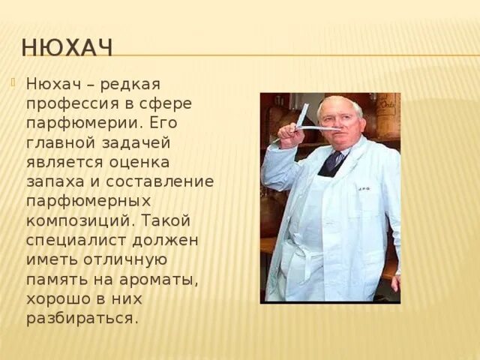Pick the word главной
coord(61,142)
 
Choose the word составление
coord(162,181)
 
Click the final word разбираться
coord(82,318)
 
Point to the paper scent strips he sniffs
coord(300,125)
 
